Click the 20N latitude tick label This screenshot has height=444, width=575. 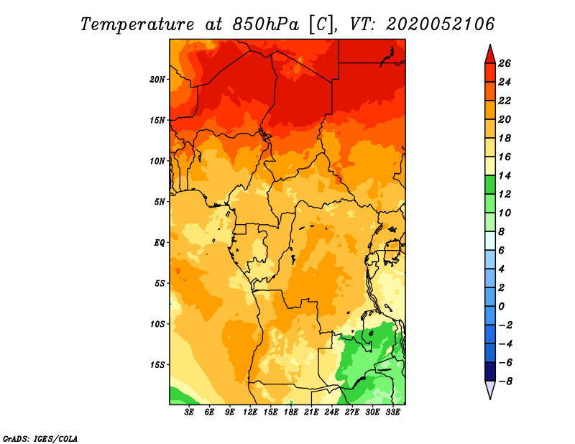pyautogui.click(x=157, y=80)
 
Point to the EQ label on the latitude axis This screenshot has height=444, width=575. pyautogui.click(x=160, y=243)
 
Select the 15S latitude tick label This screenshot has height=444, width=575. pyautogui.click(x=157, y=365)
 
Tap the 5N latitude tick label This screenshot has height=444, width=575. pyautogui.click(x=160, y=202)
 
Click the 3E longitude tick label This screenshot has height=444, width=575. pyautogui.click(x=189, y=412)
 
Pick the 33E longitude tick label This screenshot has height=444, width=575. pyautogui.click(x=392, y=412)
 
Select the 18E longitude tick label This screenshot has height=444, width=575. pyautogui.click(x=291, y=412)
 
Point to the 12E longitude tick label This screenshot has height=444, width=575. pyautogui.click(x=250, y=412)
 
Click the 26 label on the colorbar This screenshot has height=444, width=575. pyautogui.click(x=505, y=63)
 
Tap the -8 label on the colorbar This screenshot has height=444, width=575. pyautogui.click(x=505, y=381)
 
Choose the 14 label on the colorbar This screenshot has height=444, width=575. pyautogui.click(x=505, y=175)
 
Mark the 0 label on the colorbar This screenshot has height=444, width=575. pyautogui.click(x=501, y=307)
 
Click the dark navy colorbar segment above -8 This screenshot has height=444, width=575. pyautogui.click(x=490, y=371)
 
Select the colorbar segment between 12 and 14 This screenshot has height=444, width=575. pyautogui.click(x=490, y=185)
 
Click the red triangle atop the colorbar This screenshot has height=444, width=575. pyautogui.click(x=490, y=55)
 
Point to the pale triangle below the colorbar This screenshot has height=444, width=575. pyautogui.click(x=490, y=389)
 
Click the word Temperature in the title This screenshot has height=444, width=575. pyautogui.click(x=137, y=24)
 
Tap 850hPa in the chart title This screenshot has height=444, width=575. pyautogui.click(x=265, y=24)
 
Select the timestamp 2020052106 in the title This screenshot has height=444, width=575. pyautogui.click(x=440, y=24)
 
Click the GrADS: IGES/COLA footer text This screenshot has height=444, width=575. pyautogui.click(x=40, y=438)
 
